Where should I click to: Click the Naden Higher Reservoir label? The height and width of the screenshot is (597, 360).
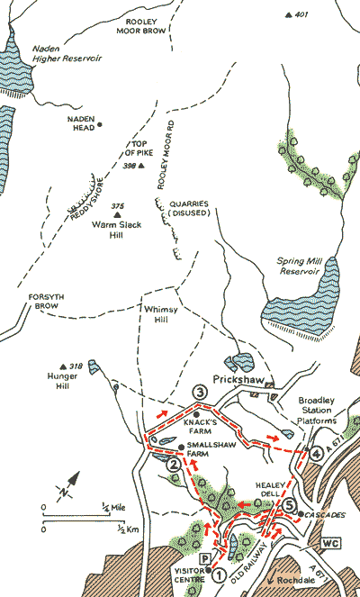pos(66,56)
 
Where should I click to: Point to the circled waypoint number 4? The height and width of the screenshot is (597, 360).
pos(316,454)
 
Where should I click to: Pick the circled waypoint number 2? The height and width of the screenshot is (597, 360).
pos(173,465)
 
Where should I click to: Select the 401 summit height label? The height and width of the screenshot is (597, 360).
pos(301,14)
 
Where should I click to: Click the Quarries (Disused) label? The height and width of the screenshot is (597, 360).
pos(190,209)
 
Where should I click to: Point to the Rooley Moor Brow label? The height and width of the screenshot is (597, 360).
pos(143,24)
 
